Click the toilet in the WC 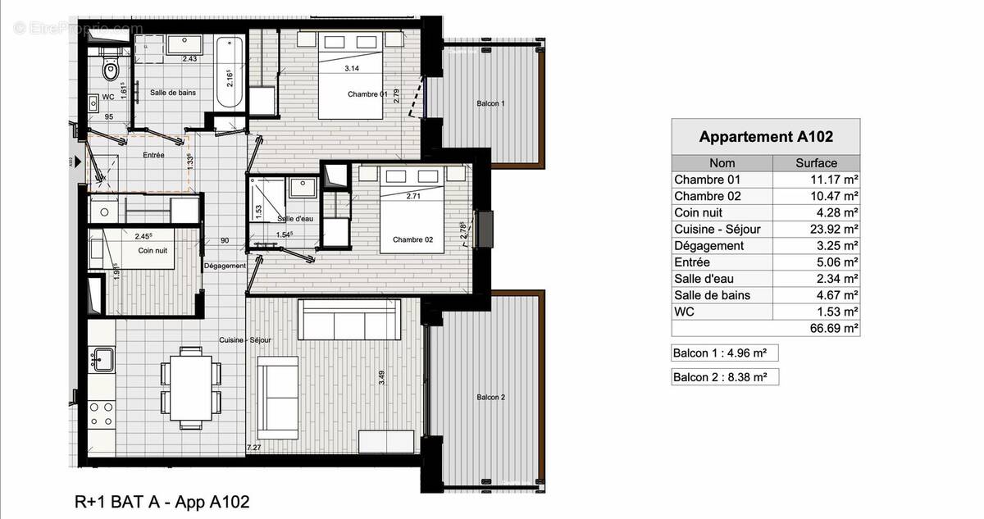coord(111,71)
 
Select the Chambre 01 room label coord(367,93)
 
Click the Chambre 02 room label coord(412,239)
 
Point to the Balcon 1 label coord(490,104)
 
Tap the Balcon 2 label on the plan coord(490,398)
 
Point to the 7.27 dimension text coord(255,448)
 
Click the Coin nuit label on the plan coord(153,250)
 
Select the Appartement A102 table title coord(765,137)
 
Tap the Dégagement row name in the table coord(708,246)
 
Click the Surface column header coord(816,163)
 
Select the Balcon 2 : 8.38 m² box coord(724,377)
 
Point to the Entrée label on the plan coord(154,155)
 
